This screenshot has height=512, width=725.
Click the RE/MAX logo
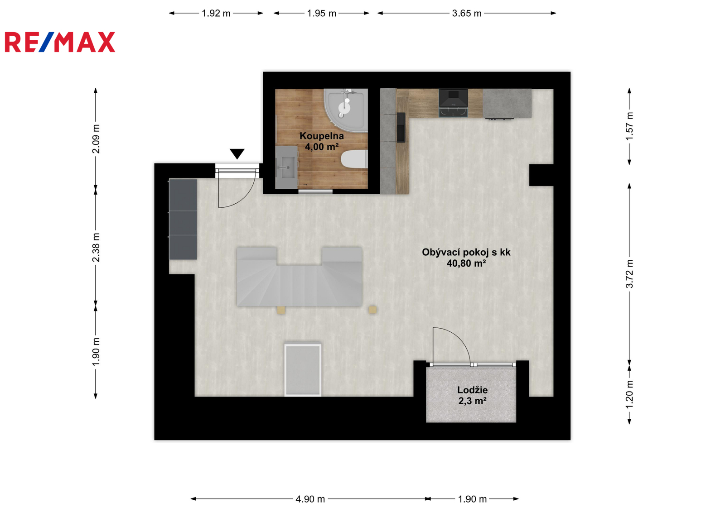pyautogui.click(x=60, y=42)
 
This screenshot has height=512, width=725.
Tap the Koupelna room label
pyautogui.click(x=321, y=136)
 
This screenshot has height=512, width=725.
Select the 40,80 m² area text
pyautogui.click(x=466, y=263)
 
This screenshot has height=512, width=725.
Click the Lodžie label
pyautogui.click(x=472, y=390)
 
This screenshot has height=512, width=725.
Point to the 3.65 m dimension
pyautogui.click(x=467, y=13)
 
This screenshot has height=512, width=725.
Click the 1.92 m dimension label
pyautogui.click(x=216, y=13)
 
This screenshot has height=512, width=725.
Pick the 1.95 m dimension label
pyautogui.click(x=321, y=13)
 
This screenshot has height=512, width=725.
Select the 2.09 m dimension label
pyautogui.click(x=96, y=139)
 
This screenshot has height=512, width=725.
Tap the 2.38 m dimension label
pyautogui.click(x=96, y=248)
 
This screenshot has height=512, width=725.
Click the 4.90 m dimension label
pyautogui.click(x=310, y=499)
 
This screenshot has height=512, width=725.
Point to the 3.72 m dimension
pyautogui.click(x=629, y=273)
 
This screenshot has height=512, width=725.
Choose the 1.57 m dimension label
pyautogui.click(x=629, y=126)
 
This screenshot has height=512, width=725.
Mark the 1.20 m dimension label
pyautogui.click(x=629, y=395)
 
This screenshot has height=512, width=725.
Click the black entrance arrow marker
pyautogui.click(x=237, y=153)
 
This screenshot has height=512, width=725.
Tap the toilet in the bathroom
pyautogui.click(x=354, y=159)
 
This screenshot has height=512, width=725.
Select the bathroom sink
pyautogui.click(x=286, y=167)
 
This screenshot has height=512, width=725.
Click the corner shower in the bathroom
pyautogui.click(x=346, y=110)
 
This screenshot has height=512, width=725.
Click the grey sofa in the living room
pyautogui.click(x=299, y=277)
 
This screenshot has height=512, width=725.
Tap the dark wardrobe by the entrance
pyautogui.click(x=183, y=219)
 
